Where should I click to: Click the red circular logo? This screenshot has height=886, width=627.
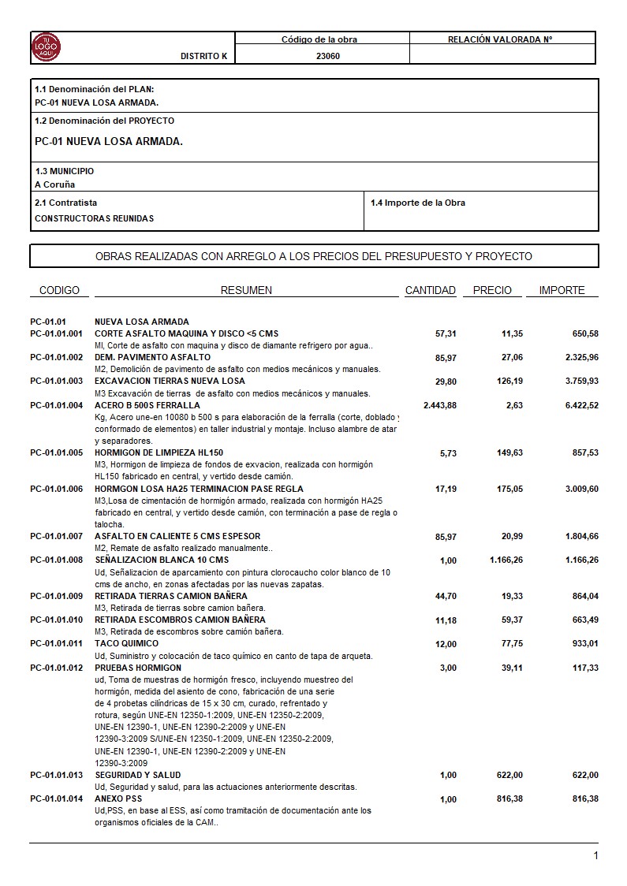click(x=46, y=48)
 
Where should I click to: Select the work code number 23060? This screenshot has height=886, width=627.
click(x=328, y=56)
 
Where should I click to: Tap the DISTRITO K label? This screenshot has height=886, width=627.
click(x=203, y=56)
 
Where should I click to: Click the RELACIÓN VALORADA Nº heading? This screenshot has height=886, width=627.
click(x=500, y=39)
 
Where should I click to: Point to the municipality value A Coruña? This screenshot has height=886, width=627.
click(x=55, y=184)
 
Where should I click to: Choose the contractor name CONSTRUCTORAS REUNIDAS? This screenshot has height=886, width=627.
click(x=95, y=218)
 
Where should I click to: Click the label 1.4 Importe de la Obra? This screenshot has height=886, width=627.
click(x=418, y=203)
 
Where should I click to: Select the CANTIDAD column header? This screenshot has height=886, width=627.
click(x=430, y=290)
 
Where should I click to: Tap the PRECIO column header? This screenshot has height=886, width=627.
click(x=492, y=290)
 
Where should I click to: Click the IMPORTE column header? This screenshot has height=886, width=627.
click(x=562, y=290)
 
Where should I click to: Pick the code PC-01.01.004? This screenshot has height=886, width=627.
click(x=57, y=405)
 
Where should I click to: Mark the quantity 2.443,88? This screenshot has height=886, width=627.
click(x=439, y=405)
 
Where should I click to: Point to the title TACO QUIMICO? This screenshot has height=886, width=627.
click(x=126, y=643)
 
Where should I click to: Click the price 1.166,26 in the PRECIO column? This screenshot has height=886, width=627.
click(x=501, y=560)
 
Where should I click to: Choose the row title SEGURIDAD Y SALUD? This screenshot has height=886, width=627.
click(x=137, y=775)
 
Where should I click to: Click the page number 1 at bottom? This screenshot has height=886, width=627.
click(x=595, y=856)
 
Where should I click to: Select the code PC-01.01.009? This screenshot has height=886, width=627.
click(x=57, y=596)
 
